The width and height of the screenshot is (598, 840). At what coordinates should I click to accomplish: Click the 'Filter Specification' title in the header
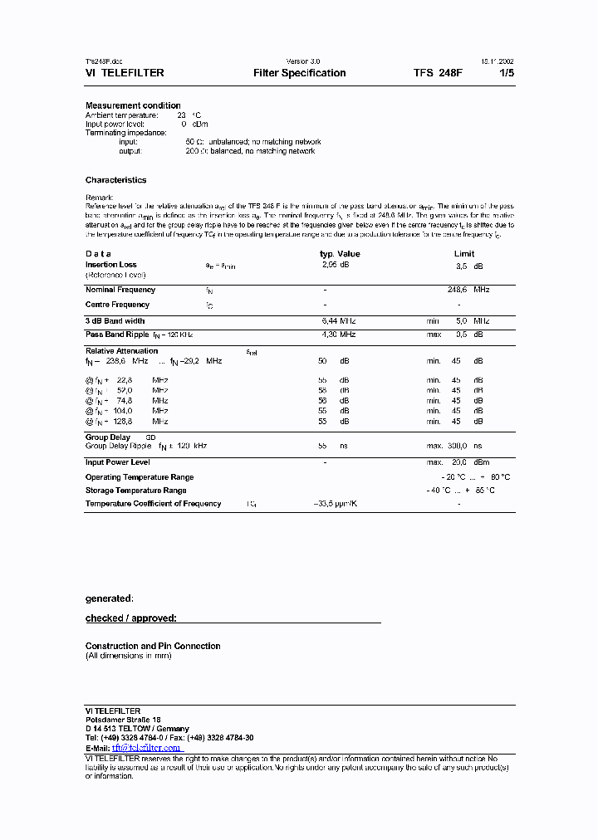(299, 73)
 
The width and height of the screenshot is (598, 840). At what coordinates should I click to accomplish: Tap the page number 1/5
(506, 73)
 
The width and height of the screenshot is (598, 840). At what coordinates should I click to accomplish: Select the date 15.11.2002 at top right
(496, 61)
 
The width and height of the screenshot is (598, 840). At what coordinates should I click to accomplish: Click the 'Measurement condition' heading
(133, 105)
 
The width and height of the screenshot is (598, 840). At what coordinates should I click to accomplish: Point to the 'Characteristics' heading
(115, 180)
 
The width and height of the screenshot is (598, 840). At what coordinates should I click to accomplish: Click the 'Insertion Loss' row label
(111, 265)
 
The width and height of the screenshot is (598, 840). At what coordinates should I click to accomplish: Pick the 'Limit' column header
(464, 254)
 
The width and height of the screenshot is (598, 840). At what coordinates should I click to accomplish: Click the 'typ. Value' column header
(340, 254)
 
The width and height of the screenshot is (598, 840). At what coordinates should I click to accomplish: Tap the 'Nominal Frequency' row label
(120, 290)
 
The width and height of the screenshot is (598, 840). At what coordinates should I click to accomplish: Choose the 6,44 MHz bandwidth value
(338, 320)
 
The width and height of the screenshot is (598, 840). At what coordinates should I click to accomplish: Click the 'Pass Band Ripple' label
(117, 334)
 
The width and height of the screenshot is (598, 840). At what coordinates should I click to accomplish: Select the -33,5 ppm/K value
(335, 504)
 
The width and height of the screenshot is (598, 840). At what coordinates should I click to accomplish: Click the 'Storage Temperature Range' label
(135, 491)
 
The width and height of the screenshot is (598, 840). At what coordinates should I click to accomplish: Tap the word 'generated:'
(109, 598)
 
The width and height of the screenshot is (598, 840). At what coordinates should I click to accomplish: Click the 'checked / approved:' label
(131, 618)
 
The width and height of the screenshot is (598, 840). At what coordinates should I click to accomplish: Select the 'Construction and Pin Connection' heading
(153, 646)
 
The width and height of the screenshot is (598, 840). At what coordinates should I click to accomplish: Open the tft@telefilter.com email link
(146, 748)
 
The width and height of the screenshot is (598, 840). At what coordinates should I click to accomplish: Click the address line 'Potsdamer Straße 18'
(123, 720)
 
